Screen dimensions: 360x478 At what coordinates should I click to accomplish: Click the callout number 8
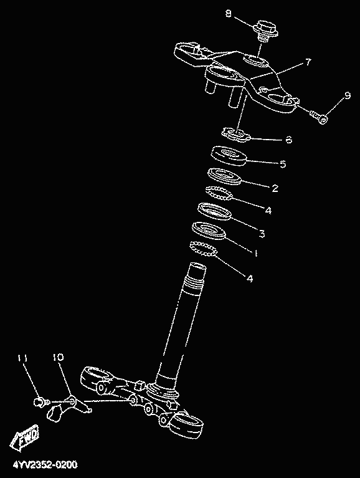coord(229,14)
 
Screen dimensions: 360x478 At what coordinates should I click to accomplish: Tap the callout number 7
coord(308,62)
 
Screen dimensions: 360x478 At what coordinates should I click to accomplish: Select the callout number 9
coord(347,95)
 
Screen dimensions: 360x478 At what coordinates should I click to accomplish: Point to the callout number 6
coord(289,140)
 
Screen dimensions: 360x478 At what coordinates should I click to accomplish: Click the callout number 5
coord(283,164)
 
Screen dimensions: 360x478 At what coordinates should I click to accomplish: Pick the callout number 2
coord(275,188)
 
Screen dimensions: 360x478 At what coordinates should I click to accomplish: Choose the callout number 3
coord(262,234)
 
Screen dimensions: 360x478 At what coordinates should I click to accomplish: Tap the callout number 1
coord(256,253)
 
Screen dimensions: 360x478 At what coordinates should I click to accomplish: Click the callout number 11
coord(22,358)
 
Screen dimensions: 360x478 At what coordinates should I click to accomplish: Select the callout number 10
coord(58,357)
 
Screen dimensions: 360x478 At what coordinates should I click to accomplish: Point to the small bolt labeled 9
coord(319,117)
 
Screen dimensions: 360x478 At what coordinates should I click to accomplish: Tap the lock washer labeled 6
coord(236,135)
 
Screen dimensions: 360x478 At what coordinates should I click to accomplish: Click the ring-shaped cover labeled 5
coord(229,156)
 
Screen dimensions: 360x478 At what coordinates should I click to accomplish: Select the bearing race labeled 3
coord(214,211)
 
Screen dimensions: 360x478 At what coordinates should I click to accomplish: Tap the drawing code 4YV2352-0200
coord(45,464)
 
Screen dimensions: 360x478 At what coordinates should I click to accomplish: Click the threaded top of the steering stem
coord(194,278)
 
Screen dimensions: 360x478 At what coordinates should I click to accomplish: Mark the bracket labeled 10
coord(70,408)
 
